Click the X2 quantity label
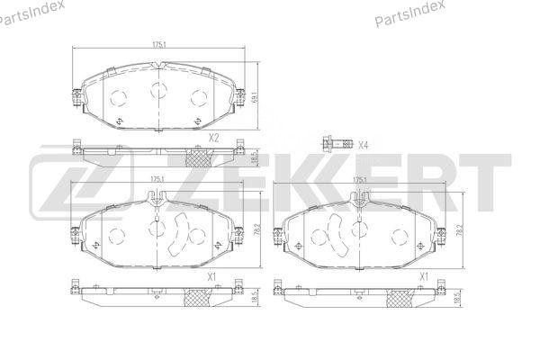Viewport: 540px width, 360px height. point(213,138)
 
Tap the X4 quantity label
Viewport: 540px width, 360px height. point(363,146)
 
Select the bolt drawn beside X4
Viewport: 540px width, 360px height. point(338,143)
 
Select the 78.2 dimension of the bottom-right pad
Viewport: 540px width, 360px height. point(458,229)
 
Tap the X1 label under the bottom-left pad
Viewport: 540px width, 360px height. point(211,276)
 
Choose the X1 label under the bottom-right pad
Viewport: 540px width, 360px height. point(424,276)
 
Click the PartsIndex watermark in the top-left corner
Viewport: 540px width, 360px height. point(31,13)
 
